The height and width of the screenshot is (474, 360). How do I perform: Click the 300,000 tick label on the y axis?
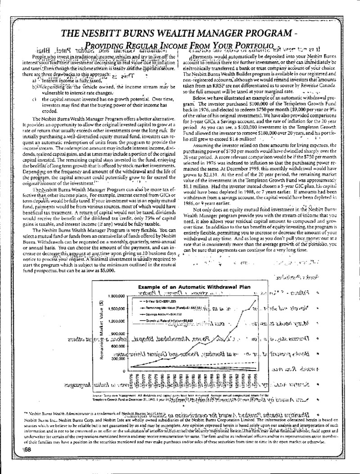point(116,359)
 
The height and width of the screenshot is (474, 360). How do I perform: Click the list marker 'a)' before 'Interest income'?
point(34,80)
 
